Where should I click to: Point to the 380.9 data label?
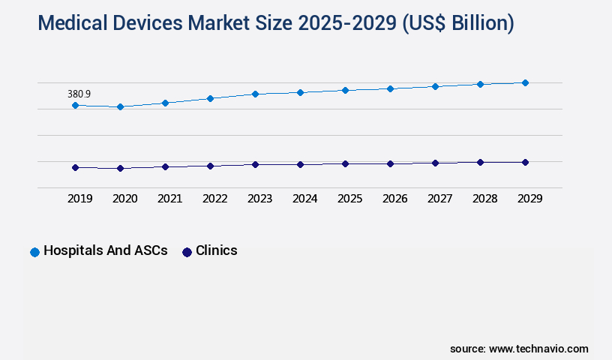click(79, 94)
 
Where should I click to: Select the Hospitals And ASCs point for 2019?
click(75, 106)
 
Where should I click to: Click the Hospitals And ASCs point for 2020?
click(120, 107)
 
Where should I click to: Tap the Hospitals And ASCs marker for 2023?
click(255, 94)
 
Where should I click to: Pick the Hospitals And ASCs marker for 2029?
click(525, 82)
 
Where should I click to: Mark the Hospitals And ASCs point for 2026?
click(390, 88)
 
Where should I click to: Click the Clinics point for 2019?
click(75, 168)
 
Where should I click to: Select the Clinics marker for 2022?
click(210, 166)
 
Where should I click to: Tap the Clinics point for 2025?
click(345, 163)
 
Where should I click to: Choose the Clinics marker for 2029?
click(525, 162)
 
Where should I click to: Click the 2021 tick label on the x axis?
click(169, 199)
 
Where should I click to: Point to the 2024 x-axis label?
click(304, 199)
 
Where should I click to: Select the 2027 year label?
click(439, 199)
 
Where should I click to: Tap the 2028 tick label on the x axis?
click(484, 199)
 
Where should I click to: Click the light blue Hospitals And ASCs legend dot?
click(34, 252)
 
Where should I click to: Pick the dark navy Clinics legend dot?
click(187, 252)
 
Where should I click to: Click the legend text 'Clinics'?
click(216, 251)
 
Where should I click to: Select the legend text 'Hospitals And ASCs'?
click(105, 251)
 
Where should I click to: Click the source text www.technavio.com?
click(519, 349)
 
